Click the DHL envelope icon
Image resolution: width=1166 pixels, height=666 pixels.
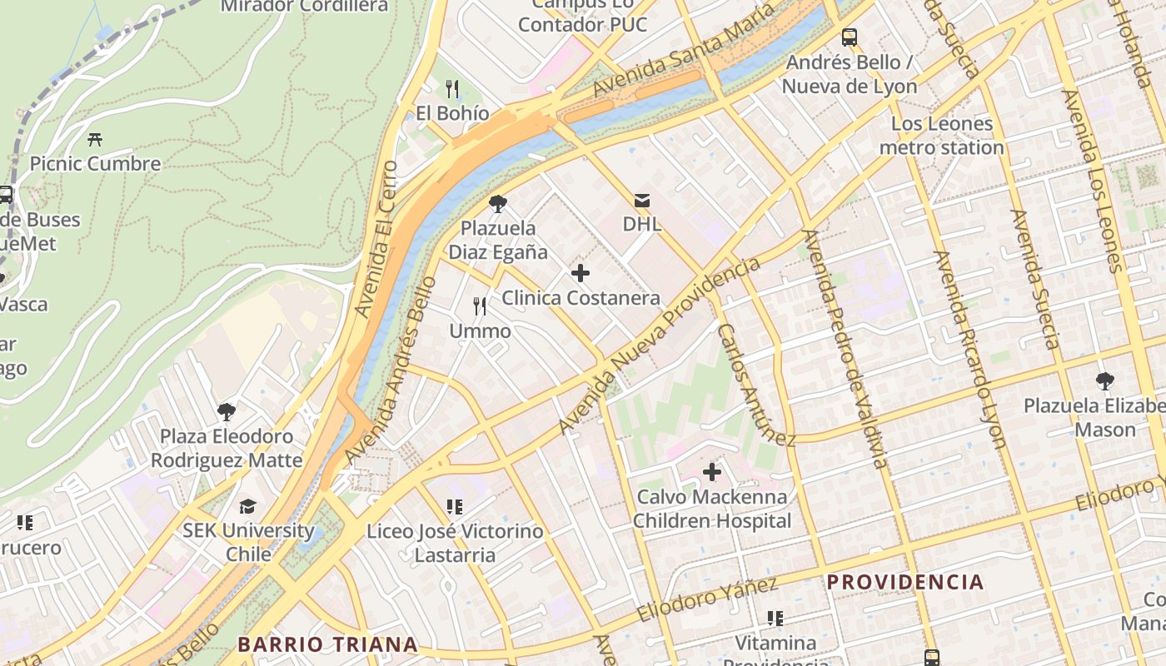[x=641, y=201]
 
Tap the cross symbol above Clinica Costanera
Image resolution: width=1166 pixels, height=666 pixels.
[x=581, y=272]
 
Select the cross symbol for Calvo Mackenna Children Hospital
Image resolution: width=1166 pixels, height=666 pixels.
[x=712, y=472]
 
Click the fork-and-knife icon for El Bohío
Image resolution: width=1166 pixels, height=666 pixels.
[x=452, y=88]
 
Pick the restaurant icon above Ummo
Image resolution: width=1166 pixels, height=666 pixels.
[x=480, y=306]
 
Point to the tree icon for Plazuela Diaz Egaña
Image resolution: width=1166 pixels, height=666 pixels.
[x=498, y=203]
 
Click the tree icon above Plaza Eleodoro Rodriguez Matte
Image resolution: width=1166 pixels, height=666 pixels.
[x=226, y=411]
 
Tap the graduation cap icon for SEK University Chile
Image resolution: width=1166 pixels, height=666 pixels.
[x=247, y=506]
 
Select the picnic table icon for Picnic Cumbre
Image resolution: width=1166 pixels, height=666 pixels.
[x=95, y=139]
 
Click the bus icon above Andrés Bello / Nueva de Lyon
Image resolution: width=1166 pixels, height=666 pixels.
[x=850, y=37]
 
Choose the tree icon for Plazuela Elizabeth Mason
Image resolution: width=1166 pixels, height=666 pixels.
[x=1105, y=381]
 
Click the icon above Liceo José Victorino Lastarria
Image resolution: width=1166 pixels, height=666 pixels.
[x=454, y=506]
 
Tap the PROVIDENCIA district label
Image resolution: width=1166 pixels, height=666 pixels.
[x=905, y=582]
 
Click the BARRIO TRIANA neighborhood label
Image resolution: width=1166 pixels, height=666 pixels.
[x=327, y=644]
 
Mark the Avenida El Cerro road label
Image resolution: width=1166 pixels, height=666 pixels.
[x=377, y=238]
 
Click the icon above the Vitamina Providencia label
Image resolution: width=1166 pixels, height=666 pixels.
[x=775, y=619]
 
